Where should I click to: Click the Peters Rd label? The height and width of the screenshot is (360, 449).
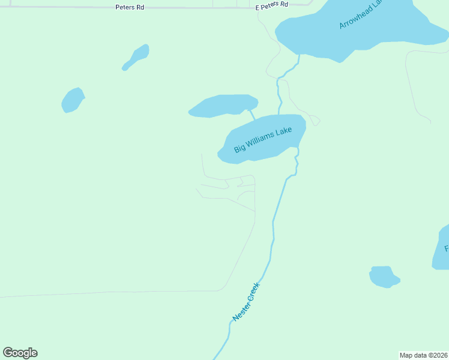130,7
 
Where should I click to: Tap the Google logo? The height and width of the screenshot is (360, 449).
20,353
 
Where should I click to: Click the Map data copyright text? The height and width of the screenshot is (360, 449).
424,355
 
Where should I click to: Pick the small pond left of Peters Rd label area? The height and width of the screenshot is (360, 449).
73,100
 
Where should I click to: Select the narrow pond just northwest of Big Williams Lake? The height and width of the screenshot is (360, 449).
223,105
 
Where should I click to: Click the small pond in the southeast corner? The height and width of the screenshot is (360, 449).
383,277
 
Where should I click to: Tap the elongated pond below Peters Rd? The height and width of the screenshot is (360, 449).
137,57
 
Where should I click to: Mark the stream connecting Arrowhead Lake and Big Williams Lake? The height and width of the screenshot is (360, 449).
280,90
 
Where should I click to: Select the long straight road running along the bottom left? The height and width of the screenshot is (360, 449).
108,293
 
